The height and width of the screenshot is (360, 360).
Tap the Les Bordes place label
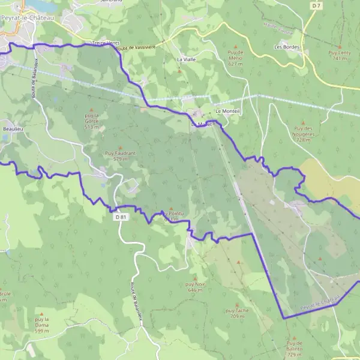point(286,46)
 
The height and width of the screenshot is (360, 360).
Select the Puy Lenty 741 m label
point(338,56)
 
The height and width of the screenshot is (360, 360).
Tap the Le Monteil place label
point(227,111)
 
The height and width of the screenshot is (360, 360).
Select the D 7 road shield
point(316,5)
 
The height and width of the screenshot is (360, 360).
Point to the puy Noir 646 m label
point(196,286)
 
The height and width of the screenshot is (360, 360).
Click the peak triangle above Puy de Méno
point(235,46)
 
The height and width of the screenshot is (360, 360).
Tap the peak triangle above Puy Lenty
point(338,42)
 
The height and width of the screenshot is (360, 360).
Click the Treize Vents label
point(105,43)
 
